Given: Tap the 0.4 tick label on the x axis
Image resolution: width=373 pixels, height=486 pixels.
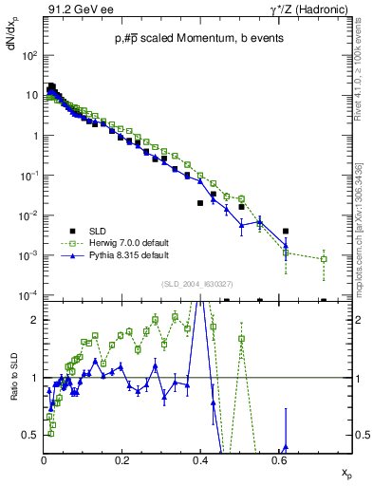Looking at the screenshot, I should (x=200, y=460).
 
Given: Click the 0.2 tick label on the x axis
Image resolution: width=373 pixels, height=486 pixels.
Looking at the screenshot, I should (x=121, y=460).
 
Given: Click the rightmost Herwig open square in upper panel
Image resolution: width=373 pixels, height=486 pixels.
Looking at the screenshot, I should (x=324, y=258).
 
